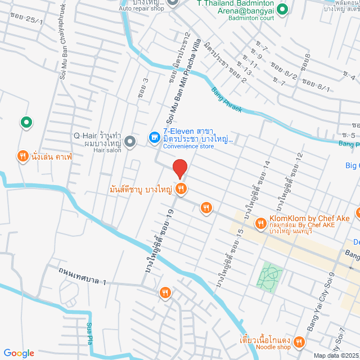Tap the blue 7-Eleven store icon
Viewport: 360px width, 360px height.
[x=152, y=137]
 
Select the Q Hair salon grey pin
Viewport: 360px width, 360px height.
[x=130, y=141]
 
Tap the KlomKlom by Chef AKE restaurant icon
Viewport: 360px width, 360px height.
[x=260, y=224]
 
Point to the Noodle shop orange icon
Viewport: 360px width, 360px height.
[x=299, y=341]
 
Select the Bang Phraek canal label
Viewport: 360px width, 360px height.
[x=226, y=100]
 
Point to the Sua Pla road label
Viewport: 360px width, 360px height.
[x=89, y=333]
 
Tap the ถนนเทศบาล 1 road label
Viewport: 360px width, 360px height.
[x=82, y=276]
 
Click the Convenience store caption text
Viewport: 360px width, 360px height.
[x=188, y=146]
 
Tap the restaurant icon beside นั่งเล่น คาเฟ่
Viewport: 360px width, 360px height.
[x=22, y=157]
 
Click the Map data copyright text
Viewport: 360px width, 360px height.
[x=335, y=355]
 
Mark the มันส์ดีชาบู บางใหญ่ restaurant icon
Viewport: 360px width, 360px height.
[x=180, y=189]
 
